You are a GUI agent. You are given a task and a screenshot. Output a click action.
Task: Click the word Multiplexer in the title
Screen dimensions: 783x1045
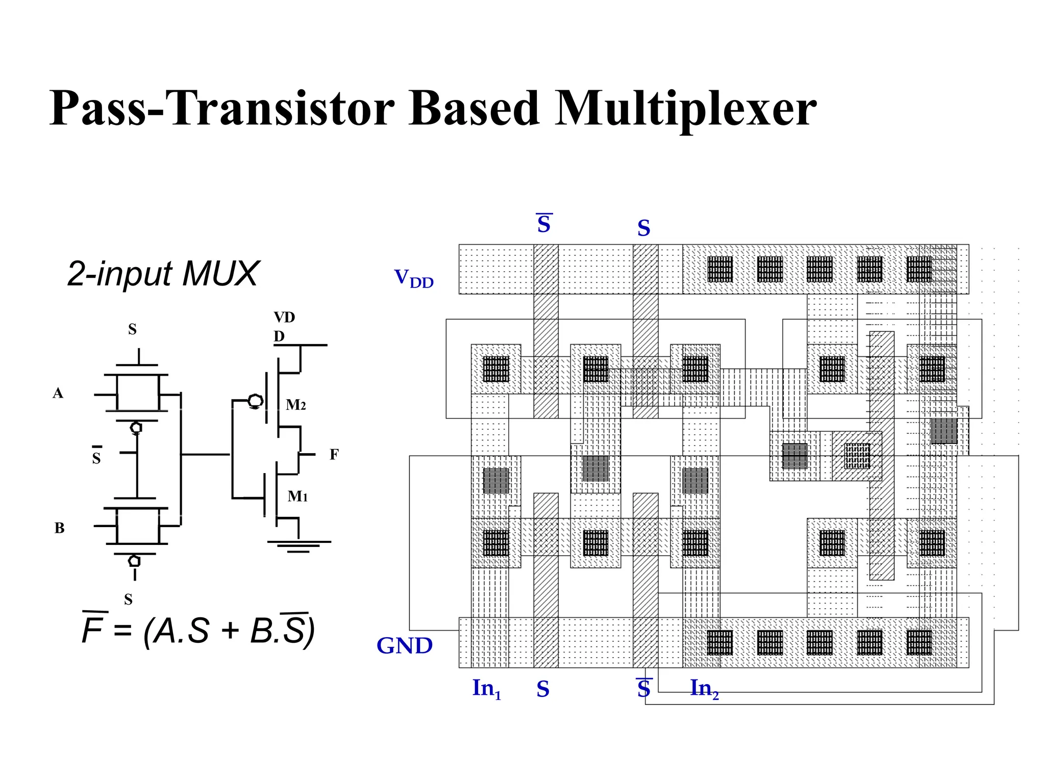pos(686,108)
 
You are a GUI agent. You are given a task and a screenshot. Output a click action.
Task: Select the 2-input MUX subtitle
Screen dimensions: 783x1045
pos(163,274)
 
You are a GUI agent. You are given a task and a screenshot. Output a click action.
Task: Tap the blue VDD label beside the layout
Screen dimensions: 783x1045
pos(414,278)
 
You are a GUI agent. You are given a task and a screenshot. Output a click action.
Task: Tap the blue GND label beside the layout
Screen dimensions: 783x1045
pos(404,646)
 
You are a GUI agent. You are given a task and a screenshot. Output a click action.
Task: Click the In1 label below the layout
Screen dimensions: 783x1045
pos(486,689)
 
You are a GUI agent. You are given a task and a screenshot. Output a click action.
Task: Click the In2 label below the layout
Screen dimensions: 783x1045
pos(704,689)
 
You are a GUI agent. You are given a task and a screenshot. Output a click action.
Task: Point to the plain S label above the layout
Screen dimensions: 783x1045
pos(643,228)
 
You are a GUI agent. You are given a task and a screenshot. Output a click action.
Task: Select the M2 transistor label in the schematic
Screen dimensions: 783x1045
pos(295,405)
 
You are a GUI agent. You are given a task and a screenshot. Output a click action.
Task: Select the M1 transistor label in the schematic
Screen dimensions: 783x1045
pos(297,496)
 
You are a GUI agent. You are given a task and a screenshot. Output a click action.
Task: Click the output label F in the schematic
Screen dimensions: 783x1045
pos(334,454)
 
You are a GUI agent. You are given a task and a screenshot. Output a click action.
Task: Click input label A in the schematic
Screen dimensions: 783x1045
pos(58,393)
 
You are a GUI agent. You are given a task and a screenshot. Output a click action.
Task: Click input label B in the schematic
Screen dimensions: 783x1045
pos(59,528)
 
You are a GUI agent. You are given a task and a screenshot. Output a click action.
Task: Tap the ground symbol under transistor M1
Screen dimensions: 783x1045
pos(299,546)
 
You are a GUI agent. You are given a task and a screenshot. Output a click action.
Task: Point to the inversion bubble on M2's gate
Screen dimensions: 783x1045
pos(255,401)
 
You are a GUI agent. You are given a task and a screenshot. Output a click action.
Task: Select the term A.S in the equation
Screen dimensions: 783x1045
pos(182,631)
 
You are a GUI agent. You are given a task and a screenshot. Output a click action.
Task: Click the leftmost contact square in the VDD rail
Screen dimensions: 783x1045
pos(720,269)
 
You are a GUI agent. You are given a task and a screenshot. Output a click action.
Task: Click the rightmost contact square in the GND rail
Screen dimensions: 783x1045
pos(919,642)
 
